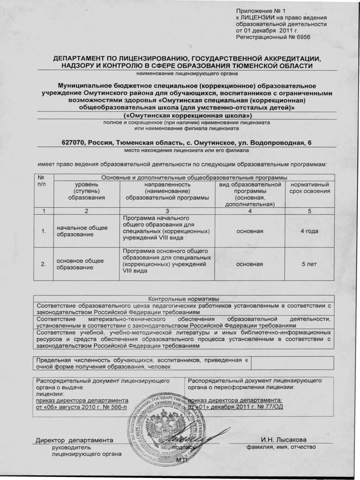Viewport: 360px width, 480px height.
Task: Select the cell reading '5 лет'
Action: (309, 263)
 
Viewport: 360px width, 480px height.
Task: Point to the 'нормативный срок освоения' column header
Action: (309, 188)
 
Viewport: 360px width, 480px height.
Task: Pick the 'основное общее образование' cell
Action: (80, 263)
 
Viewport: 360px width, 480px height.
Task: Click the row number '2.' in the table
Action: (43, 263)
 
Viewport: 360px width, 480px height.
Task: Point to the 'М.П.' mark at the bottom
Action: (182, 459)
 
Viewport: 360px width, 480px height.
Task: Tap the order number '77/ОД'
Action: (269, 407)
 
